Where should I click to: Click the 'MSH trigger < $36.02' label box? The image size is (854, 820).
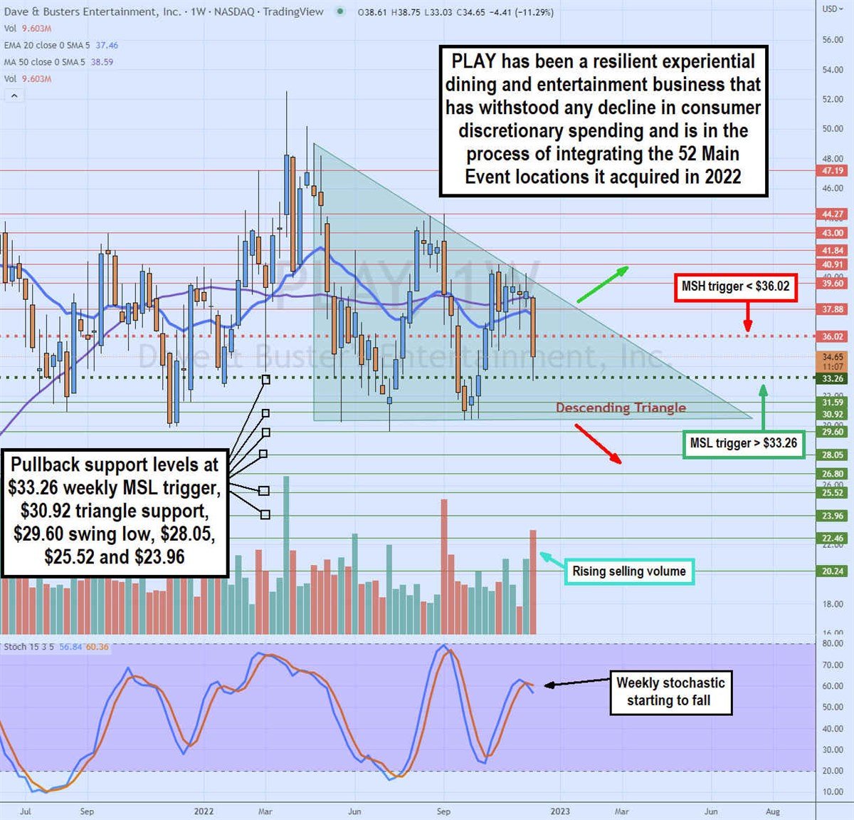tap(735, 286)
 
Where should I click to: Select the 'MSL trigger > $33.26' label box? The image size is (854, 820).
tap(743, 443)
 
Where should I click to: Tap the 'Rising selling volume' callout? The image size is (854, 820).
tap(629, 571)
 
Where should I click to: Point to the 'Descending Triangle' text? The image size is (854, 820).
tap(621, 408)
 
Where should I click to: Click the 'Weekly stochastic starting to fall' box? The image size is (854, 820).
tap(670, 691)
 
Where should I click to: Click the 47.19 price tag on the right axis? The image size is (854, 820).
tap(833, 171)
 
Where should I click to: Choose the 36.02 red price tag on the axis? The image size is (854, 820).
tap(833, 336)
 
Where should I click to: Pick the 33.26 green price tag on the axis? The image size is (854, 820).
tap(833, 378)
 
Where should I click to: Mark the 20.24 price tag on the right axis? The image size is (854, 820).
tap(833, 571)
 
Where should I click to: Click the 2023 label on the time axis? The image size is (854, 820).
tap(560, 811)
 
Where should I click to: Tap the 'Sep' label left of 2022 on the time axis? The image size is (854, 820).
tap(87, 811)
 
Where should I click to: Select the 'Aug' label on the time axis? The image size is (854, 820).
tap(773, 811)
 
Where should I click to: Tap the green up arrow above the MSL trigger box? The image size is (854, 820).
tap(763, 406)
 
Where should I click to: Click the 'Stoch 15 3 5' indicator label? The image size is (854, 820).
tap(28, 647)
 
